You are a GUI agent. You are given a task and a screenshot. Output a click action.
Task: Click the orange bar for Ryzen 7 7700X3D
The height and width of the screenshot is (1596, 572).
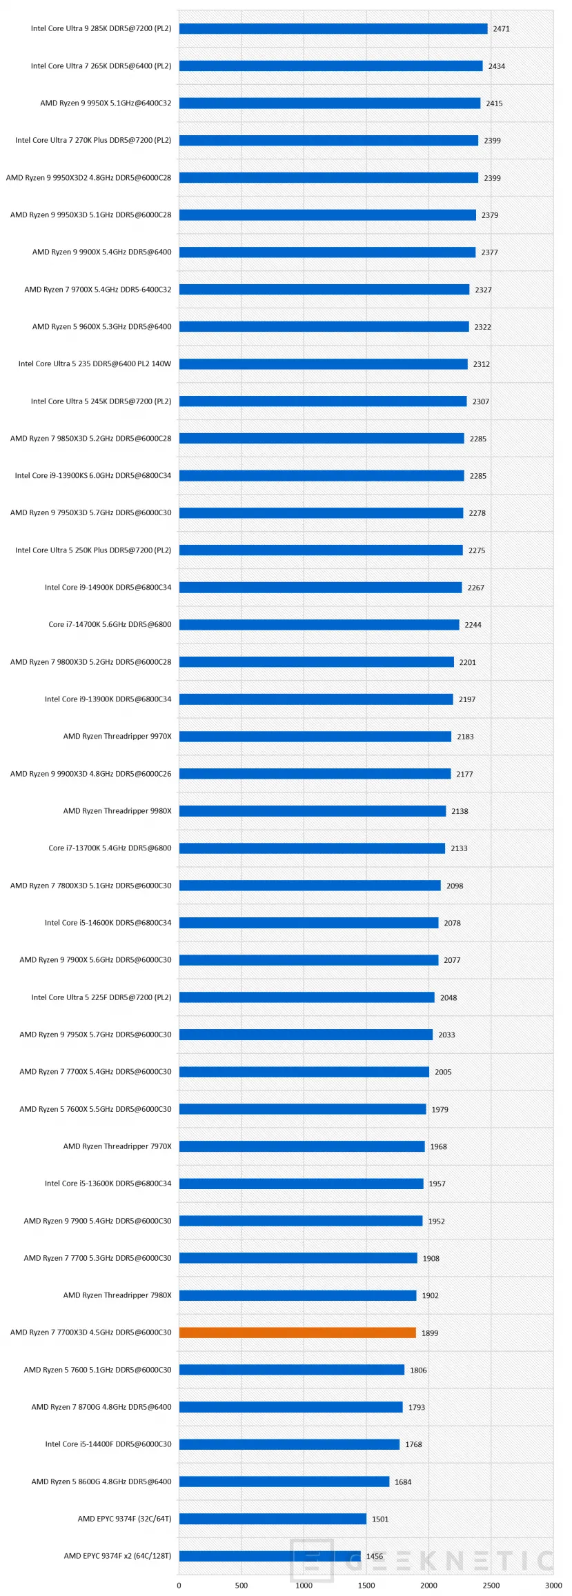(x=297, y=1332)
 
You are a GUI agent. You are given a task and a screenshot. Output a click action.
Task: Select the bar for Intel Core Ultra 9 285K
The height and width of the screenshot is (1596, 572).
(x=333, y=28)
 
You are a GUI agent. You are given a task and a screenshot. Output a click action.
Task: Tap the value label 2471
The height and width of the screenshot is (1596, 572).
(x=502, y=29)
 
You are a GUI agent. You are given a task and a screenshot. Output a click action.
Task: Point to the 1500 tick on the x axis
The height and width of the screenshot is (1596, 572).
(x=366, y=1585)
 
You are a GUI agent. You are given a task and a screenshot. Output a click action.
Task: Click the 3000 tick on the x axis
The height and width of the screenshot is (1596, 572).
(x=553, y=1585)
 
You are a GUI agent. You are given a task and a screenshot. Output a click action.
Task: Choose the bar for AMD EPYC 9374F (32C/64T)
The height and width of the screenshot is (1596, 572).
(x=273, y=1518)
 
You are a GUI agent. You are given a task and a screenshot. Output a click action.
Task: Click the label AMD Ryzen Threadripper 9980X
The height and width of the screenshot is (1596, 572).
(x=117, y=810)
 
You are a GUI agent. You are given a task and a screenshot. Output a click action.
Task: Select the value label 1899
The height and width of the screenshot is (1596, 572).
(x=430, y=1333)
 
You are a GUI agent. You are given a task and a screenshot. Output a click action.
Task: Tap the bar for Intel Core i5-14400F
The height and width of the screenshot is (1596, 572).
(x=289, y=1444)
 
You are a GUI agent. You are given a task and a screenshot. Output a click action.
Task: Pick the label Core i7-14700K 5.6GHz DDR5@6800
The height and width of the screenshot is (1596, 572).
(x=110, y=624)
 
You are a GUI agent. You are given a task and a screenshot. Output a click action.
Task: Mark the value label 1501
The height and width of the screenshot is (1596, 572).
(x=380, y=1519)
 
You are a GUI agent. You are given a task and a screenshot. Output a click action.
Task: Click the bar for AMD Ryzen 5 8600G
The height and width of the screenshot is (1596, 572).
(x=284, y=1481)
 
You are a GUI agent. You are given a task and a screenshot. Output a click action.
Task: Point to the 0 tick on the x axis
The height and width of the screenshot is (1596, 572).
(x=179, y=1585)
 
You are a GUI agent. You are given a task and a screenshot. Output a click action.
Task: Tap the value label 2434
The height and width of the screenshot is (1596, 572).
(x=497, y=66)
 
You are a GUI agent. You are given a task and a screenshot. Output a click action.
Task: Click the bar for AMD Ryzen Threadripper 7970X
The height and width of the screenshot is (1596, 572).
(x=302, y=1146)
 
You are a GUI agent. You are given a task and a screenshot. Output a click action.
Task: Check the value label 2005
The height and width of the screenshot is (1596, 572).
(x=443, y=1072)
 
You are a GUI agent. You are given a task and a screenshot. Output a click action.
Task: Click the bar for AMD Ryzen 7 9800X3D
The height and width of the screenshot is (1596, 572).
(x=317, y=661)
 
